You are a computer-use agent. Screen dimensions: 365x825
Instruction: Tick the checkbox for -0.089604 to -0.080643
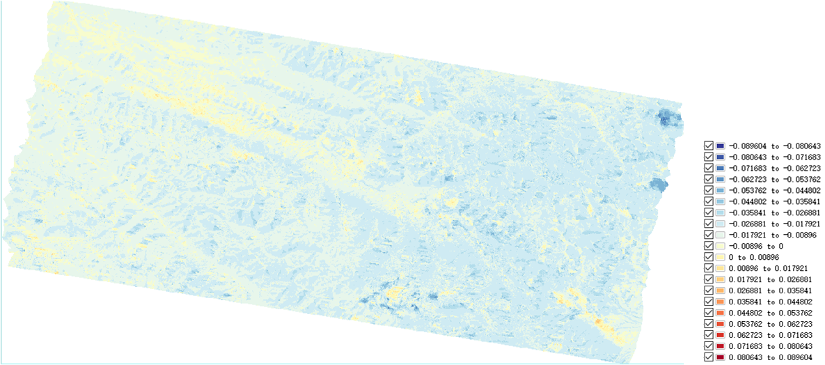709,146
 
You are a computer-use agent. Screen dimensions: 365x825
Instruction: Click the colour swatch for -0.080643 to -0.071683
720,157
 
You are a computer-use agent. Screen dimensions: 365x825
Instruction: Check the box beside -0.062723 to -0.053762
709,179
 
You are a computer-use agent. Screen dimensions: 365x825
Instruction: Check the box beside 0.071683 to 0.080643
709,346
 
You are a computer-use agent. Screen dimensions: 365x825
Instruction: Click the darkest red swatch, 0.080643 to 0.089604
720,357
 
